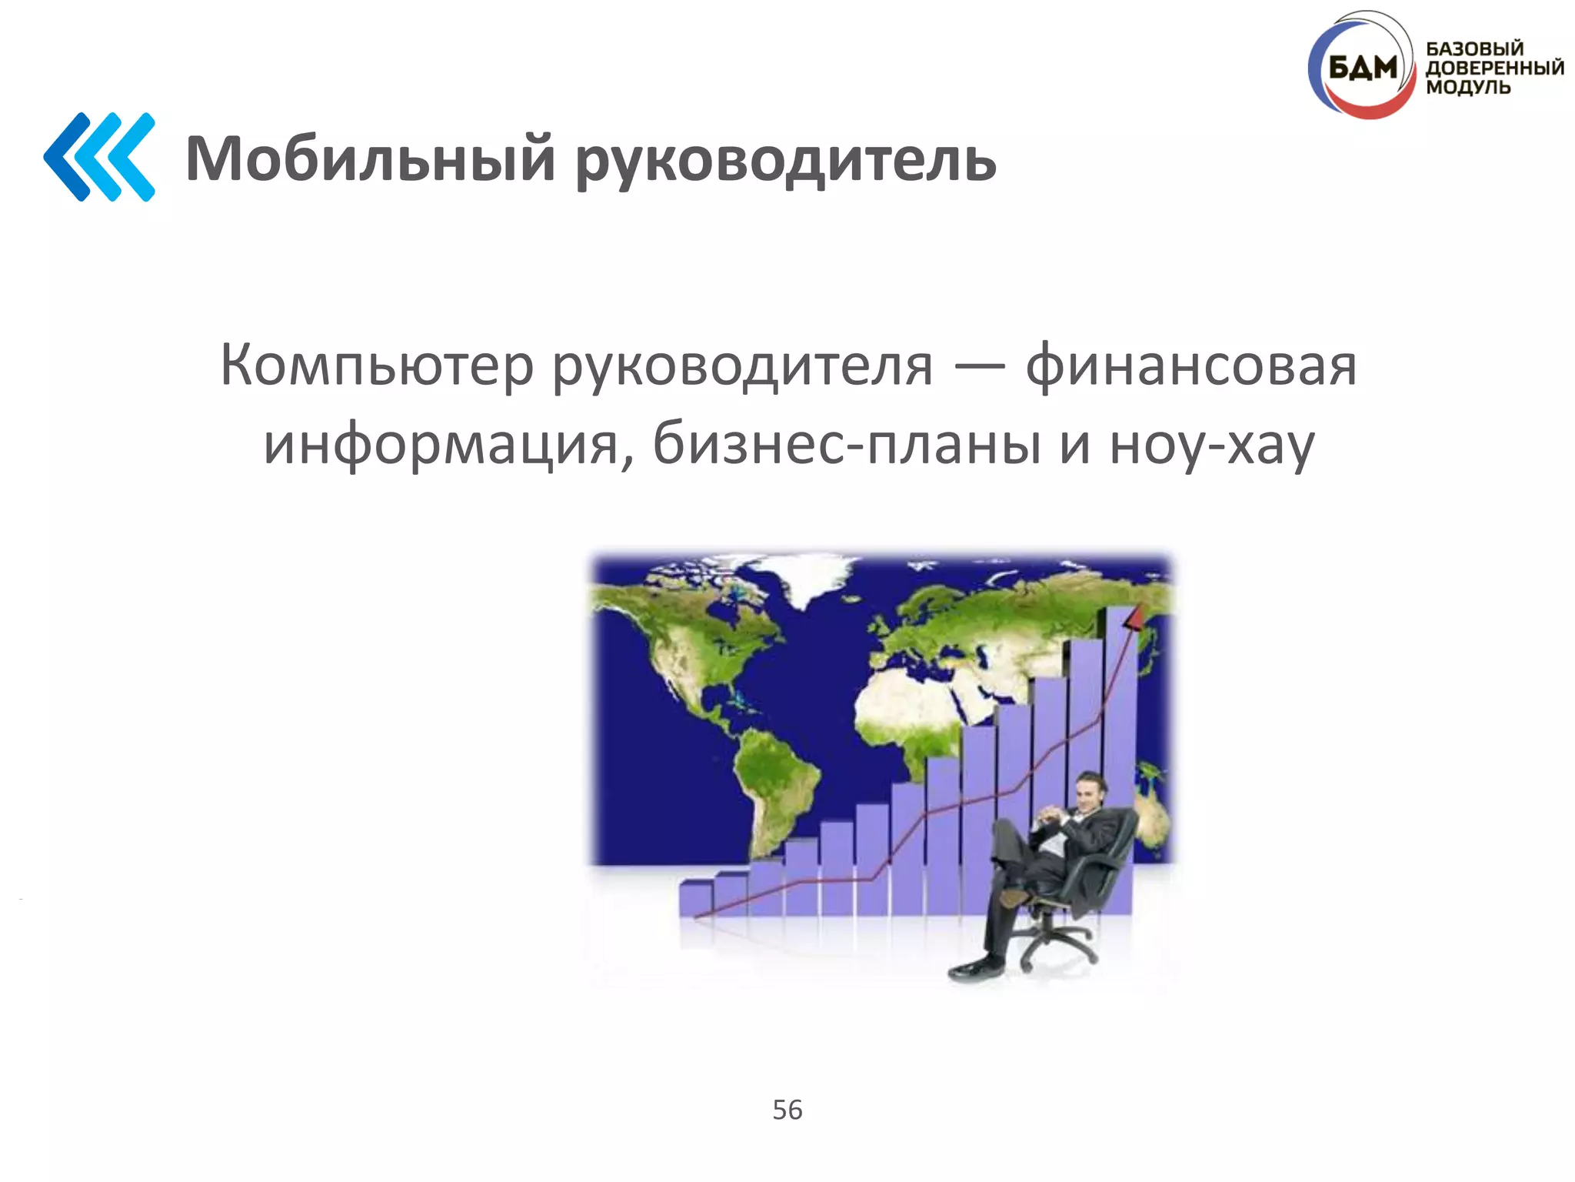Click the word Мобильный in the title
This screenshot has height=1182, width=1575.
[370, 159]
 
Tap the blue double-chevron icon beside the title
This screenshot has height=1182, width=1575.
[100, 157]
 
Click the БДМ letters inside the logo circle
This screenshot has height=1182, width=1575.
[1362, 69]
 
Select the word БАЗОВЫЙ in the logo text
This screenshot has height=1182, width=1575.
[1474, 48]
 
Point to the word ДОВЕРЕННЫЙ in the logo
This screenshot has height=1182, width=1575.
[1494, 68]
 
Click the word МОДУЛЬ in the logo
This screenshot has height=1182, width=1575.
[1468, 87]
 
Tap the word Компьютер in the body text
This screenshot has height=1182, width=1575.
[377, 365]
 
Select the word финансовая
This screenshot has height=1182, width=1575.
[1191, 365]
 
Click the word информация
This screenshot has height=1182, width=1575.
[441, 445]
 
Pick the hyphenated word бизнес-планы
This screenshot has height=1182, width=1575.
[847, 445]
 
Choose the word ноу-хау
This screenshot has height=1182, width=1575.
[1212, 445]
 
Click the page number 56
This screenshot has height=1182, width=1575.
[787, 1110]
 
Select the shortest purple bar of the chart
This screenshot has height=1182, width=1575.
[695, 899]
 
